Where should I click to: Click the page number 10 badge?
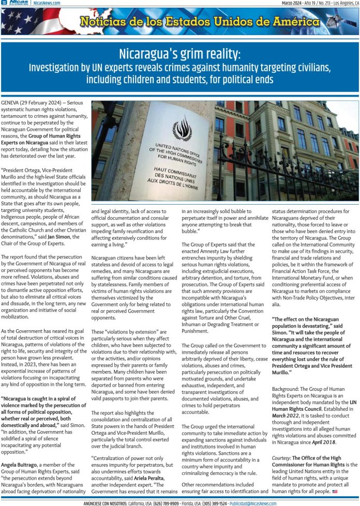(4, 3)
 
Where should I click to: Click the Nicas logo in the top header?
(19, 3)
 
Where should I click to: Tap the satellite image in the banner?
(341, 21)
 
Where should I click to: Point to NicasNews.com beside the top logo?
(46, 3)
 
